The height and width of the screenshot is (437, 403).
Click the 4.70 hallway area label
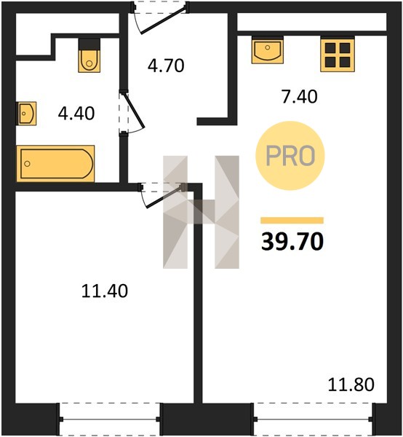click(x=166, y=66)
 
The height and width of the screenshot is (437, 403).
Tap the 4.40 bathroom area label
click(x=76, y=114)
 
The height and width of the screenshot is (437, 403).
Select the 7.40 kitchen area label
click(x=299, y=97)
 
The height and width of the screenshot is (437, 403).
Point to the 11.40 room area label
click(x=105, y=291)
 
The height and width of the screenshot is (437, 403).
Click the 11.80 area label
click(x=351, y=385)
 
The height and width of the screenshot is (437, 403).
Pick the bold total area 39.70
click(x=292, y=241)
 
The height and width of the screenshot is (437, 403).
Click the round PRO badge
click(x=290, y=156)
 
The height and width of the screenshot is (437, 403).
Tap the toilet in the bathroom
click(x=89, y=56)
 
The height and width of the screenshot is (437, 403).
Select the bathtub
click(x=55, y=164)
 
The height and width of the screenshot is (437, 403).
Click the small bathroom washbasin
click(x=26, y=114)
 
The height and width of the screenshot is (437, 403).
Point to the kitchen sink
click(x=268, y=50)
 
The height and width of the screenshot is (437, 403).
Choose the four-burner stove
click(x=338, y=55)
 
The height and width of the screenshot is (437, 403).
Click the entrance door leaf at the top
click(x=163, y=21)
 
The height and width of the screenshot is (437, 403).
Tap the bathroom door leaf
click(x=133, y=111)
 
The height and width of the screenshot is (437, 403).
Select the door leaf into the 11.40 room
click(x=164, y=197)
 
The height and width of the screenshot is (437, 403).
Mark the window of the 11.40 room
click(x=110, y=419)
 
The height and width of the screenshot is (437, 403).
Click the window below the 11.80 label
click(x=314, y=419)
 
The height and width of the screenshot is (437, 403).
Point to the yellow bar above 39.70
click(x=292, y=221)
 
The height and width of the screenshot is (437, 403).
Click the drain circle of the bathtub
click(x=27, y=164)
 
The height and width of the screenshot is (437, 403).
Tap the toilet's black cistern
click(x=89, y=44)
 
